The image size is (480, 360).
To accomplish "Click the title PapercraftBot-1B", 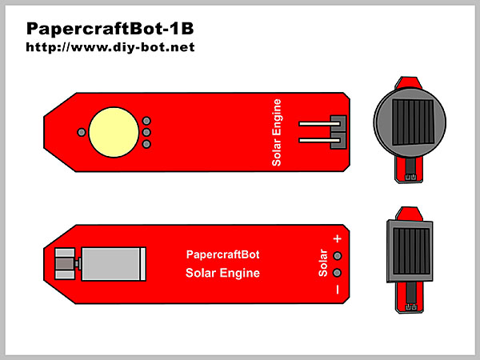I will [x=110, y=29].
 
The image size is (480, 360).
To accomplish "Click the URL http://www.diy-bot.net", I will [x=110, y=47].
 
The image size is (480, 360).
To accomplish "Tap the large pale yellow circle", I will [x=113, y=131].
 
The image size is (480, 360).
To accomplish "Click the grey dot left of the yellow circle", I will [x=81, y=132].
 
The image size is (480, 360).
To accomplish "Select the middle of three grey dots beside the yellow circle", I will [x=146, y=132].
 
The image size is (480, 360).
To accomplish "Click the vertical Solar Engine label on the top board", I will [x=278, y=132].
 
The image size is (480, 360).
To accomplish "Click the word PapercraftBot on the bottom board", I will [x=222, y=256].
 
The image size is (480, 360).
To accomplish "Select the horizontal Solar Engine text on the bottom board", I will [x=222, y=274].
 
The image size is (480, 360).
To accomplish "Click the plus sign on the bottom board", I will [x=337, y=239].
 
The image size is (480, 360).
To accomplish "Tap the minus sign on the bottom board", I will [x=337, y=289].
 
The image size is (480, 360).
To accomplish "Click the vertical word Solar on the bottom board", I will [x=323, y=264].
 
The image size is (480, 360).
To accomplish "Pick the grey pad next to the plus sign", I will [x=338, y=256].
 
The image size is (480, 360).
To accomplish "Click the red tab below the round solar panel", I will [x=410, y=170].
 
